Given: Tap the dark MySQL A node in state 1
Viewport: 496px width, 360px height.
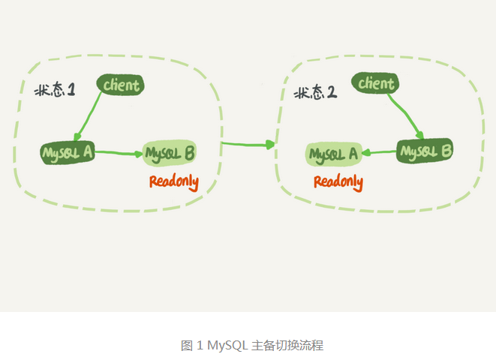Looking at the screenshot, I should coord(68,153).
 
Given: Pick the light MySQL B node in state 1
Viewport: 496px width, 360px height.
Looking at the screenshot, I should coord(170,154).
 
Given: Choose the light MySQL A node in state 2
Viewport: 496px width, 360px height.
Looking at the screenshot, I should coord(333,154).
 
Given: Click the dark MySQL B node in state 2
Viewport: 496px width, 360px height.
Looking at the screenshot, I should coord(425,151).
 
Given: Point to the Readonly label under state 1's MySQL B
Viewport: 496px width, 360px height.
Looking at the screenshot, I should coord(173,181).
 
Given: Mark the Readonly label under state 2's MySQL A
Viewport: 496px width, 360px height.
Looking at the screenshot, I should coord(338,181).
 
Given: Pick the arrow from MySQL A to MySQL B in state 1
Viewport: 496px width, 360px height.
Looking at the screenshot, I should coord(119,154).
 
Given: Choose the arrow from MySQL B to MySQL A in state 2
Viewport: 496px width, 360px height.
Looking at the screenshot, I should coord(380,153).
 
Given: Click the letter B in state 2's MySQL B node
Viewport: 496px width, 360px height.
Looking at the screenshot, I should coord(446,151).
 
